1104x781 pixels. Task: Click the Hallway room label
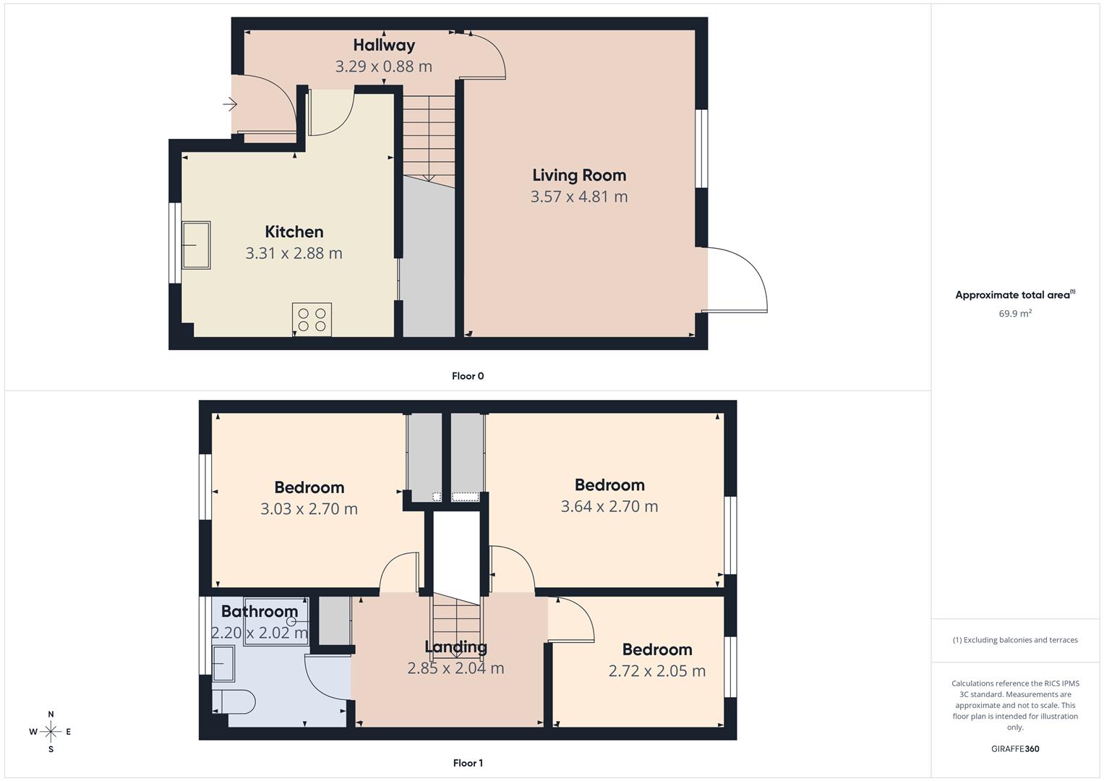[x=384, y=45]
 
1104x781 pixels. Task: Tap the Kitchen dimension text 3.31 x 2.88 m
[x=294, y=253]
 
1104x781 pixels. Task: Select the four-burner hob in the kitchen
[x=312, y=320]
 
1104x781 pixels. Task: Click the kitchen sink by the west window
[x=196, y=245]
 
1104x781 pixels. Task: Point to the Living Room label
[x=579, y=175]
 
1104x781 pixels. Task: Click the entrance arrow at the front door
[x=230, y=105]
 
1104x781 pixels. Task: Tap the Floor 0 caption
[x=468, y=376]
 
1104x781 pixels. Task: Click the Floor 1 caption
[x=468, y=763]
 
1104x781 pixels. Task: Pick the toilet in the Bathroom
[x=234, y=701]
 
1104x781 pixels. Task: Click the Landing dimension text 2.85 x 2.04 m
[x=455, y=668]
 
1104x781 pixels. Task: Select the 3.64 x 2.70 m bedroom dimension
[x=609, y=506]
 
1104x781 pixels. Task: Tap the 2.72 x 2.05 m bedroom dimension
[x=656, y=671]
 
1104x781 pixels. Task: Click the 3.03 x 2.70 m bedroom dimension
[x=309, y=509]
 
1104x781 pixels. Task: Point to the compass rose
[x=51, y=732]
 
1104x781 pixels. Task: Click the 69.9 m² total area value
[x=1015, y=314]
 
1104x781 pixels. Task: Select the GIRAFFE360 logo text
[x=1015, y=749]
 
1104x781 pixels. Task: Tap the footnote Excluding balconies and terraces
[x=1015, y=640]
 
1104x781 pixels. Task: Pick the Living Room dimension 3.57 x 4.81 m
[x=579, y=197]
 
